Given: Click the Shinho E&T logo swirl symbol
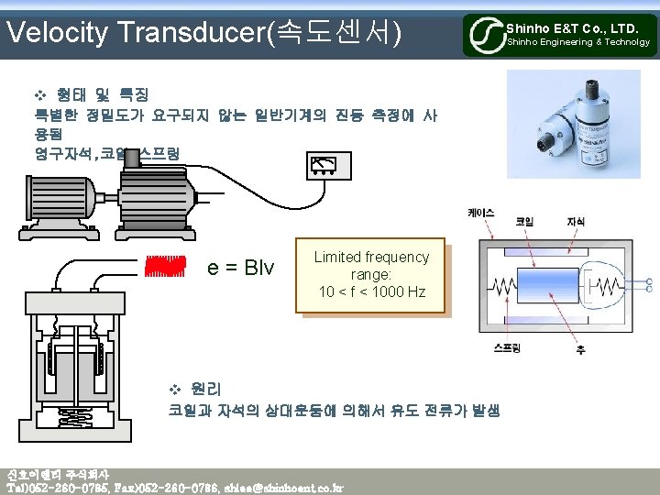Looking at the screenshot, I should [x=484, y=36].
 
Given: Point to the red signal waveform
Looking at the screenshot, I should [x=166, y=266].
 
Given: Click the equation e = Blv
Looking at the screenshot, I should [x=240, y=268].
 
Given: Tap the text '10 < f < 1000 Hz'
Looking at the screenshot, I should [x=371, y=291].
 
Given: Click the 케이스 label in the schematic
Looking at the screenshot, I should [x=480, y=213].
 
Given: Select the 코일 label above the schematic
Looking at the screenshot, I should [x=526, y=222].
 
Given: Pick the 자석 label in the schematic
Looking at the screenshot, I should [x=576, y=222].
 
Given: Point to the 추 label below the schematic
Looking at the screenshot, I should [x=580, y=350].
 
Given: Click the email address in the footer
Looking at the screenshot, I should [x=283, y=488].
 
